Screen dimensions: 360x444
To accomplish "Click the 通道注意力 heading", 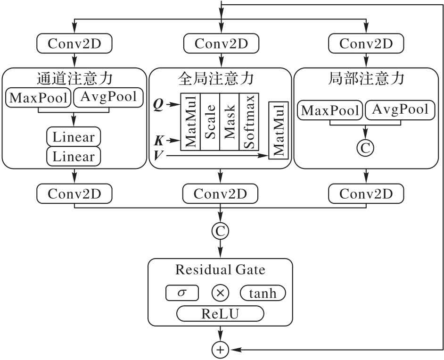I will [x=74, y=78].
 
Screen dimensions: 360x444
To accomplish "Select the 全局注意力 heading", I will [x=221, y=78].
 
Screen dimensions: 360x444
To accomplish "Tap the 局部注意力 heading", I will [x=366, y=78].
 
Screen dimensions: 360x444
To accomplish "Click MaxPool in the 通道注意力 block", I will [x=38, y=97].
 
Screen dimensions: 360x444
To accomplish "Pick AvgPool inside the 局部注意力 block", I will [x=400, y=110].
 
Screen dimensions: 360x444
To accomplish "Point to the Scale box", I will [x=210, y=121].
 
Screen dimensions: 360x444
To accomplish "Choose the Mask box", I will [x=230, y=121].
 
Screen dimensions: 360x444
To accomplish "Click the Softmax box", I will [x=248, y=121].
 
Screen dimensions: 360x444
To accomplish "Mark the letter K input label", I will [x=159, y=140].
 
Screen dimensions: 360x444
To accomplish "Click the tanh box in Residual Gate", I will [x=263, y=293].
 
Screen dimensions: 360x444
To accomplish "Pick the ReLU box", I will [x=220, y=313].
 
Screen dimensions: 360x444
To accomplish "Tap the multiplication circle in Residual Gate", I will [x=220, y=293].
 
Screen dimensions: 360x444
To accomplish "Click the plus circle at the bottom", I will [x=221, y=350].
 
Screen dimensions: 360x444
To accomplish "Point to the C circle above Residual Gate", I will [x=221, y=230].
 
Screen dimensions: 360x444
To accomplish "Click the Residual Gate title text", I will [x=220, y=270].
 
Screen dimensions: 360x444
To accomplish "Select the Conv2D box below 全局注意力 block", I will [x=221, y=193].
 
